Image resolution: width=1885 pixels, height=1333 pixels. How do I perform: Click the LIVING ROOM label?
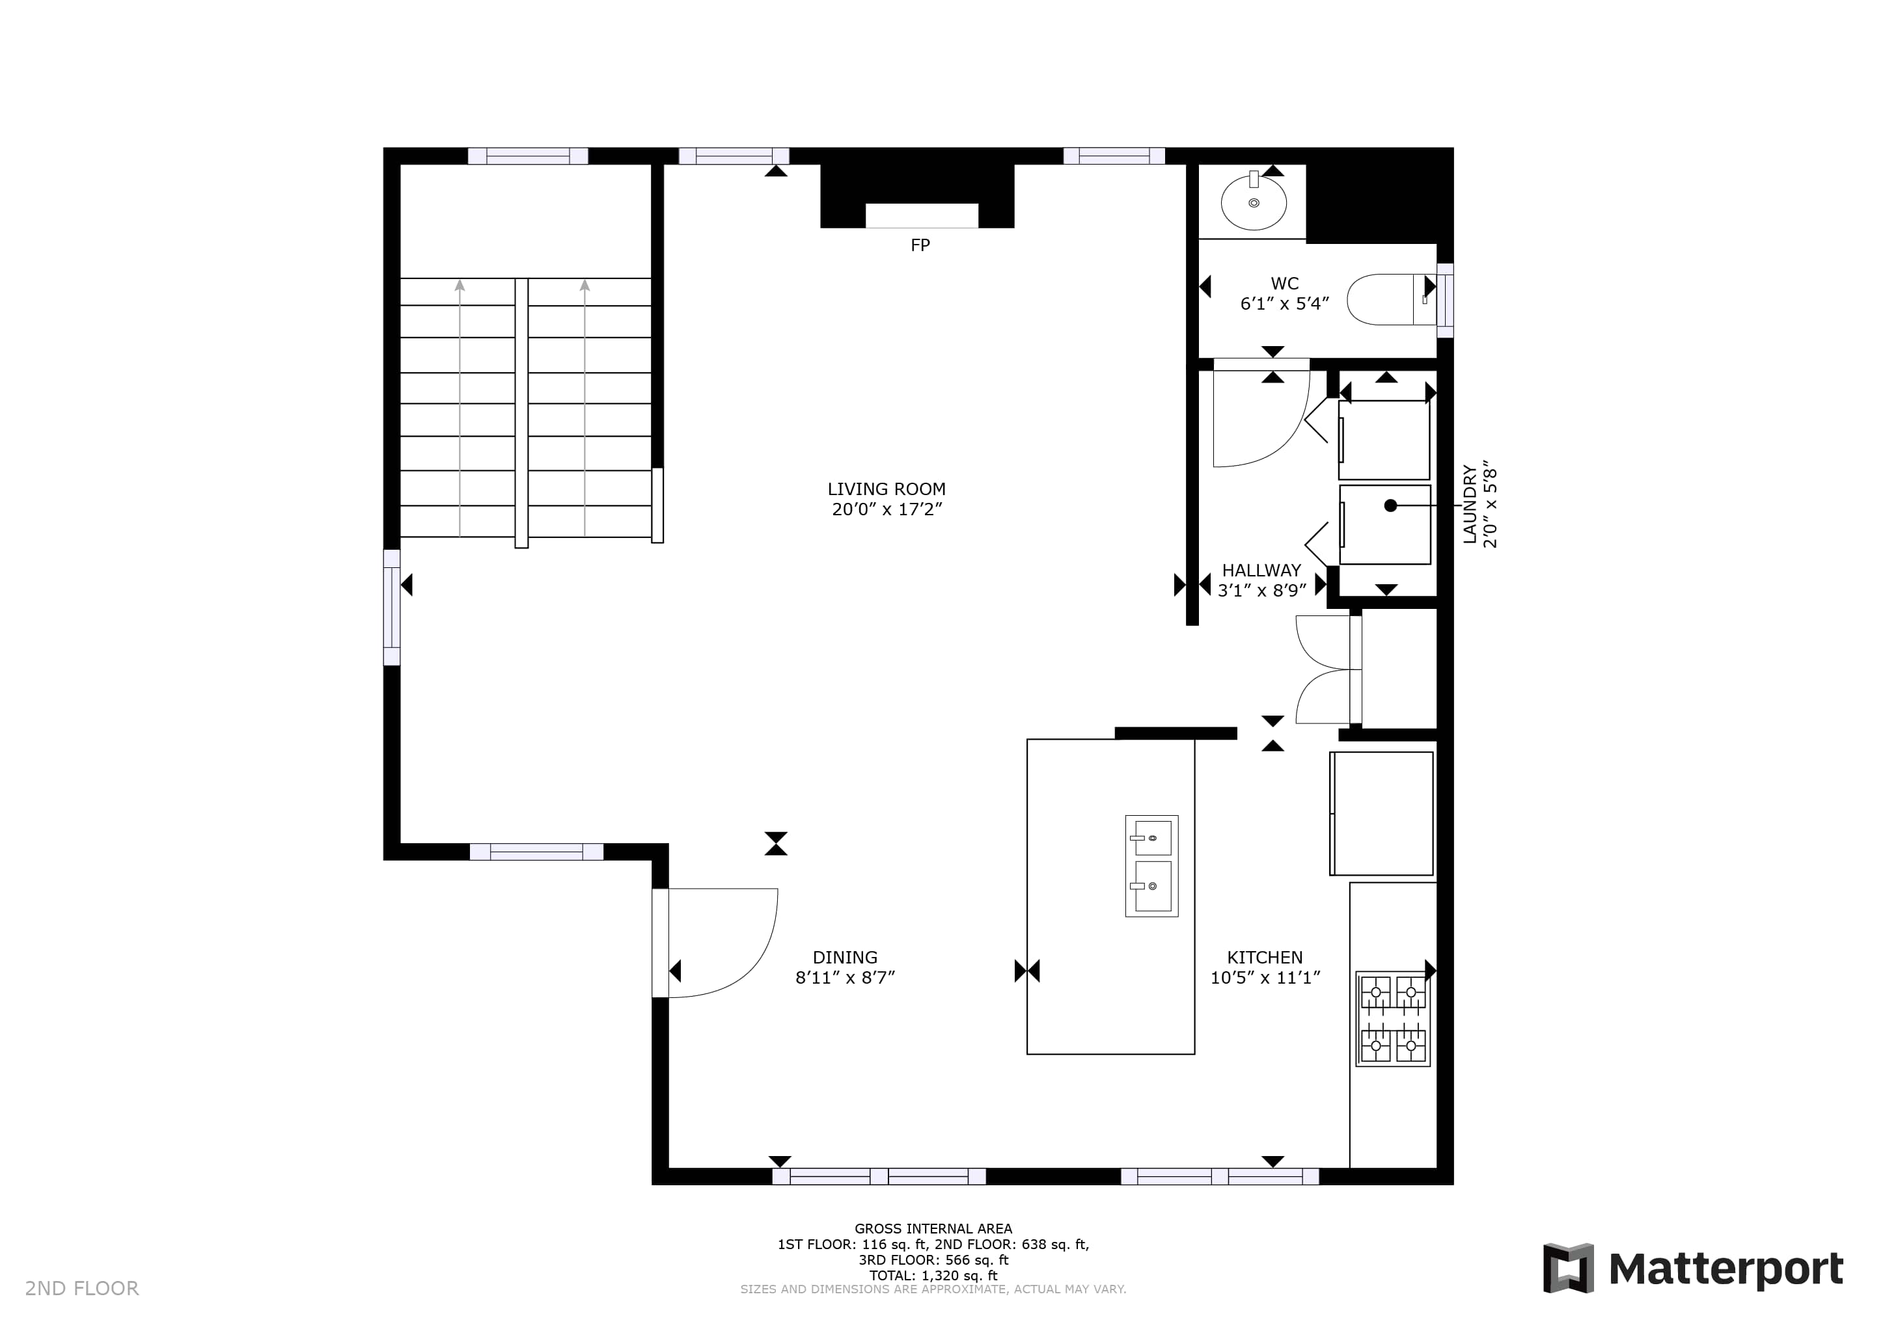pyautogui.click(x=886, y=489)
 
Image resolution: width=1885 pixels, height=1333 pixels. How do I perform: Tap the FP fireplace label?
pyautogui.click(x=920, y=245)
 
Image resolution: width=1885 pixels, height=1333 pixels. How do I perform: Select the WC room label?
pyautogui.click(x=1284, y=283)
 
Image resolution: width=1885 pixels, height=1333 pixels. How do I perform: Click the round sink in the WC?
pyautogui.click(x=1253, y=202)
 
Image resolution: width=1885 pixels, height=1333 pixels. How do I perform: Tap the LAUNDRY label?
pyautogui.click(x=1470, y=504)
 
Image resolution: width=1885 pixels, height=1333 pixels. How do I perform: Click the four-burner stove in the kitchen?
pyautogui.click(x=1392, y=1019)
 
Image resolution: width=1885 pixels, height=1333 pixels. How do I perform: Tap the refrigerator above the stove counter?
pyautogui.click(x=1383, y=813)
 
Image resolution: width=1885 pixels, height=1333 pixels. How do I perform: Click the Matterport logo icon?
pyautogui.click(x=1568, y=1268)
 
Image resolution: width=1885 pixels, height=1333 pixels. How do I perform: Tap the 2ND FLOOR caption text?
pyautogui.click(x=82, y=1288)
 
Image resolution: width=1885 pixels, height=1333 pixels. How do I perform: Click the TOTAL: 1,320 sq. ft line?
pyautogui.click(x=933, y=1276)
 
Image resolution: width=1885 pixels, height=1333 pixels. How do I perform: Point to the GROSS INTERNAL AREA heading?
pyautogui.click(x=933, y=1229)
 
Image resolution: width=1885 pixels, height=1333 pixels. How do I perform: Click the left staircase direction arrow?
pyautogui.click(x=460, y=408)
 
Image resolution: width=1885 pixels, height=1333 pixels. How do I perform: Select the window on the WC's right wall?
pyautogui.click(x=1445, y=301)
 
